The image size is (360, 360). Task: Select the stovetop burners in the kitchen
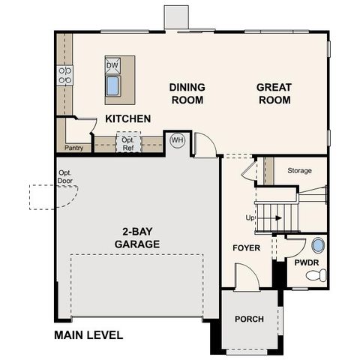pyautogui.click(x=64, y=73)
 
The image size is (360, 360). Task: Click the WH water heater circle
pyautogui.click(x=177, y=139)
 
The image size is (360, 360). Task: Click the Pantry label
pyautogui.click(x=73, y=148)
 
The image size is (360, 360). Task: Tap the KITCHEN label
pyautogui.click(x=127, y=118)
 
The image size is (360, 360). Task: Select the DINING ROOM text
pyautogui.click(x=187, y=93)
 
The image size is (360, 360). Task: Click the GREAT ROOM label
pyautogui.click(x=274, y=93)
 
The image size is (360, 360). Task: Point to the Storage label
pyautogui.click(x=299, y=171)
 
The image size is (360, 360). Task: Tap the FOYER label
pyautogui.click(x=246, y=247)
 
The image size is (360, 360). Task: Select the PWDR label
pyautogui.click(x=307, y=263)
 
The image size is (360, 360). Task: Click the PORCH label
pyautogui.click(x=249, y=319)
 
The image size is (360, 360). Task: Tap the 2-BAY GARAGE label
pyautogui.click(x=136, y=237)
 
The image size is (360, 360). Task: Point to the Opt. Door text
pyautogui.click(x=65, y=177)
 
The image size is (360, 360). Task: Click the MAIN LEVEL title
pyautogui.click(x=88, y=335)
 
